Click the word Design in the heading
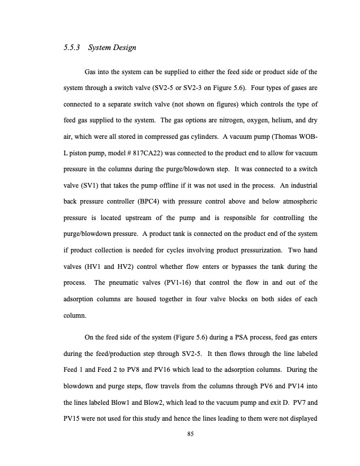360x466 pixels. click(124, 49)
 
